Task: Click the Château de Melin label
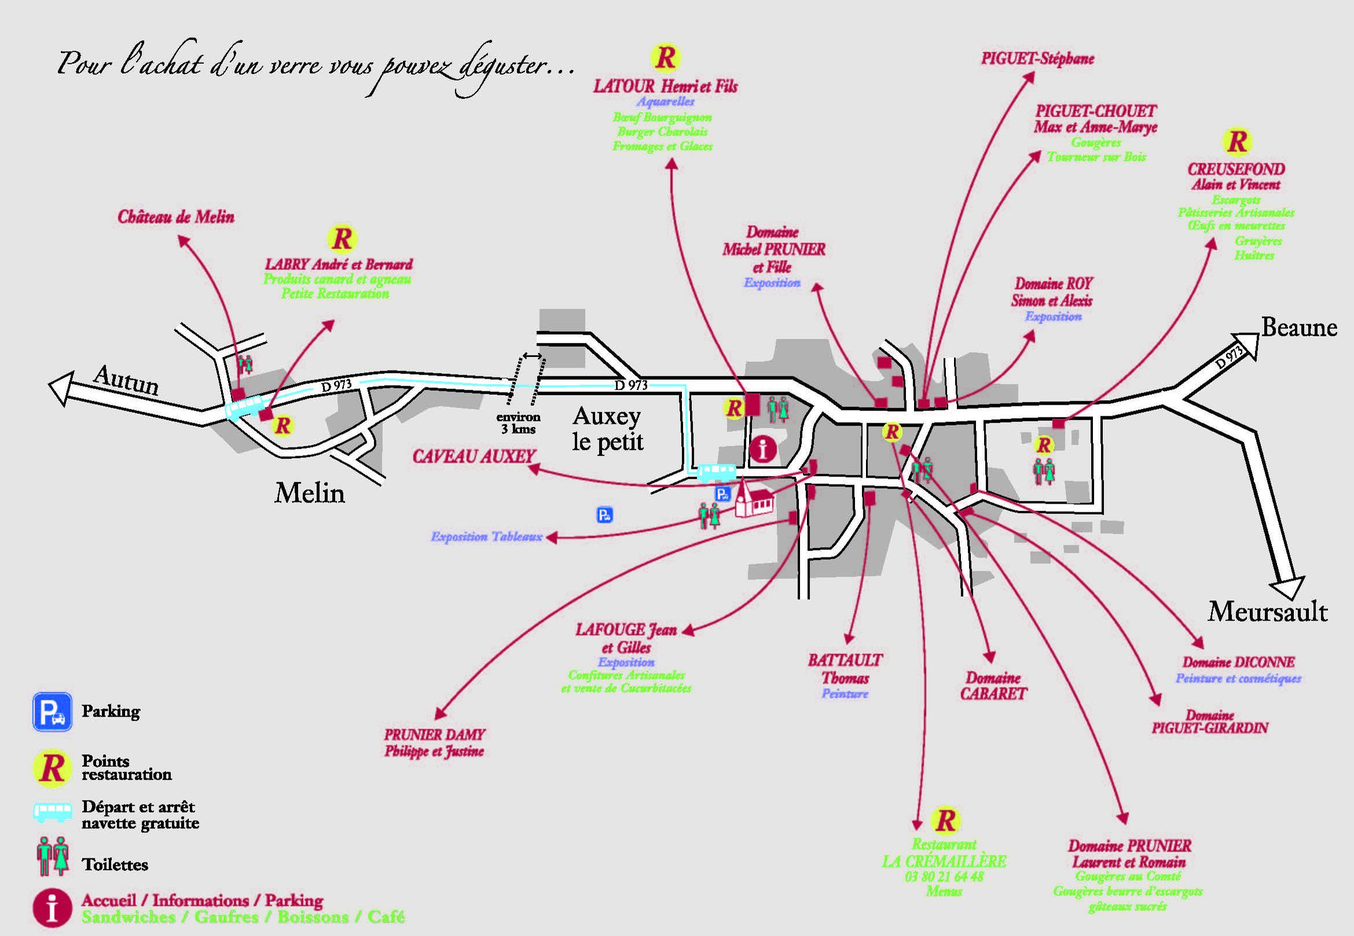point(176,217)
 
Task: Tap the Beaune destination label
point(1299,327)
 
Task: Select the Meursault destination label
point(1267,612)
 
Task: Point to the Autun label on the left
point(126,381)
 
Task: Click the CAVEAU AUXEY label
point(474,456)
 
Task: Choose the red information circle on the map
point(763,450)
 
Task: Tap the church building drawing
point(754,500)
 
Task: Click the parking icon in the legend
point(52,712)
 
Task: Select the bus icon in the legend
point(52,812)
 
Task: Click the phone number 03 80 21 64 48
point(944,877)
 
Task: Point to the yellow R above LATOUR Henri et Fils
point(665,57)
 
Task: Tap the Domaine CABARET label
point(993,685)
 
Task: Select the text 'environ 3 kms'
point(518,423)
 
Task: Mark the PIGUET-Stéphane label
point(1037,58)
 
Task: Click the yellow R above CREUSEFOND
point(1236,142)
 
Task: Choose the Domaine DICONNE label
point(1238,662)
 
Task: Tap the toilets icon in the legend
point(52,856)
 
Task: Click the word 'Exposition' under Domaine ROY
point(1053,317)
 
